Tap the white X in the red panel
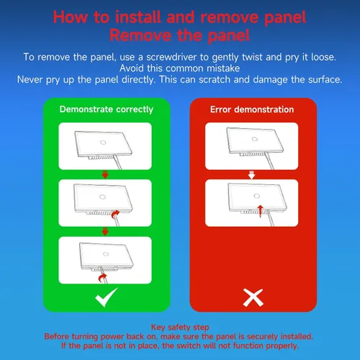253,298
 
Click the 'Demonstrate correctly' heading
107,109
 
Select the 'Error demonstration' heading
252,109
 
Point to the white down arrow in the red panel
251,175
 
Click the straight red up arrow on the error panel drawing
261,211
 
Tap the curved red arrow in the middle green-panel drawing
115,214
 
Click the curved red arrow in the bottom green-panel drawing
103,278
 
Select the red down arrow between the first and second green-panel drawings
105,174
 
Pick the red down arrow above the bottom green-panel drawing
105,232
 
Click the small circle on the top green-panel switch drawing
103,143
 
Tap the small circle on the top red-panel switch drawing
255,139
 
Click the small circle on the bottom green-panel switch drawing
106,254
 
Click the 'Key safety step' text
180,327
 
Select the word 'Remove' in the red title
140,35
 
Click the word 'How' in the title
71,17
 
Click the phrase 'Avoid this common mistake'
180,68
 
